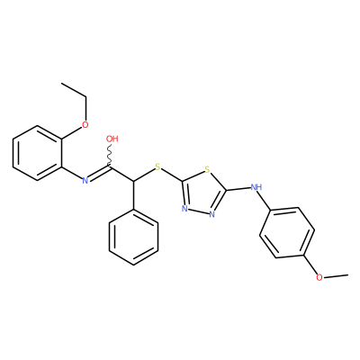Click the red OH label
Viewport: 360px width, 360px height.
coord(112,139)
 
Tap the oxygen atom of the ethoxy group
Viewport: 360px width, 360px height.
coord(85,124)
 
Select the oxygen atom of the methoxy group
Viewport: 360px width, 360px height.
coord(319,277)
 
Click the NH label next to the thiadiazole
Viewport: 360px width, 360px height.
coord(256,187)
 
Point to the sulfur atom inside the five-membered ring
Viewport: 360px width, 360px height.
coord(207,170)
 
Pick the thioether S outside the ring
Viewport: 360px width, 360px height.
coord(158,166)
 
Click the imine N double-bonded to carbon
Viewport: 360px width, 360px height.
coord(85,180)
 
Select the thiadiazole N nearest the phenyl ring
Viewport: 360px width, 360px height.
coord(184,209)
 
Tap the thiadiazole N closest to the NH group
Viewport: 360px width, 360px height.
coord(212,214)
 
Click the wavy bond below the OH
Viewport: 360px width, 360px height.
coord(110,155)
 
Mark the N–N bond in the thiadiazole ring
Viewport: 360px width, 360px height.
coord(199,211)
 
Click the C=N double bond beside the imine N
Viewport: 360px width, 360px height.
coord(99,173)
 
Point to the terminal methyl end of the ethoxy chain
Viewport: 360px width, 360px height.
coord(62,83)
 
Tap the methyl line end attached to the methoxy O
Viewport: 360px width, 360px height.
coord(348,274)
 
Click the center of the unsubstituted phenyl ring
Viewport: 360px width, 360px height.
coord(133,237)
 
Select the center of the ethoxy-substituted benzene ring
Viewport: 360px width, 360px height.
coord(38,153)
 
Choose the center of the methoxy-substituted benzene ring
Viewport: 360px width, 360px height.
coord(287,232)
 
